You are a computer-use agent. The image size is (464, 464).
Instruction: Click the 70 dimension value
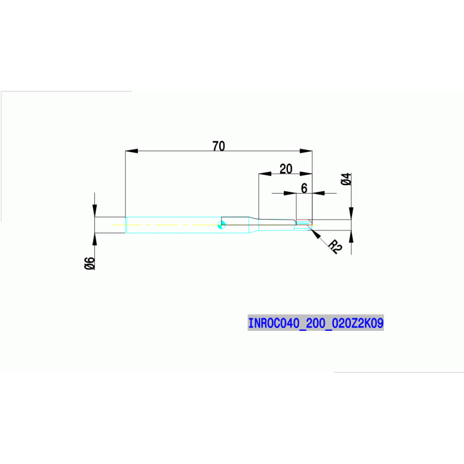[x=218, y=146]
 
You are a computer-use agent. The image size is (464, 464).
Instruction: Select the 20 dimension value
[x=286, y=169]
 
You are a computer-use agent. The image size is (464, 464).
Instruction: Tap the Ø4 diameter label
[x=346, y=179]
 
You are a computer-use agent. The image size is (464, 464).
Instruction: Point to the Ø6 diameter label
[x=90, y=263]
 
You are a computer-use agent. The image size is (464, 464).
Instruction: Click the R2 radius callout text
[x=336, y=246]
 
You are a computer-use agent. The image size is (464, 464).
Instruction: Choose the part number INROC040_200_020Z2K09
[x=316, y=323]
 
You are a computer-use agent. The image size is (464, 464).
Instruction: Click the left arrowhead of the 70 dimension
[x=132, y=151]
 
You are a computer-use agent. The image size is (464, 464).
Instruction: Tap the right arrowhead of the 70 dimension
[x=306, y=151]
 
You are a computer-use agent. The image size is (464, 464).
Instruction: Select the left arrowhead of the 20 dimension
[x=265, y=174]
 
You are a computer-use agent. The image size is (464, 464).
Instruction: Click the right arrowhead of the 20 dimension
[x=306, y=174]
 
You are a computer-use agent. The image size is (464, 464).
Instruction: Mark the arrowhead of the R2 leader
[x=316, y=234]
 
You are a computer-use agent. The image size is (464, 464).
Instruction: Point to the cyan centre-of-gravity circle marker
[x=221, y=225]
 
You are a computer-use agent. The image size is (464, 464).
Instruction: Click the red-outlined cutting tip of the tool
[x=304, y=224]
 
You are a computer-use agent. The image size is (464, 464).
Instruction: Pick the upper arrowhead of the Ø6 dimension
[x=95, y=211]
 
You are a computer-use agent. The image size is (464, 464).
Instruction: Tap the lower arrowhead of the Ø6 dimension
[x=95, y=240]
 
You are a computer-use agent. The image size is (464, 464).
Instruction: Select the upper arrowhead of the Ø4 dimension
[x=351, y=214]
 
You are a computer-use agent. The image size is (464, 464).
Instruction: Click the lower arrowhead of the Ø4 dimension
[x=351, y=237]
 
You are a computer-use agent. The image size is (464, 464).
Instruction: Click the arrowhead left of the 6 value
[x=290, y=193]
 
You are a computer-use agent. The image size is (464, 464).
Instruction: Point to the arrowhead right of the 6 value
[x=318, y=193]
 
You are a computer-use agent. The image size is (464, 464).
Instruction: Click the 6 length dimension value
[x=304, y=188]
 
